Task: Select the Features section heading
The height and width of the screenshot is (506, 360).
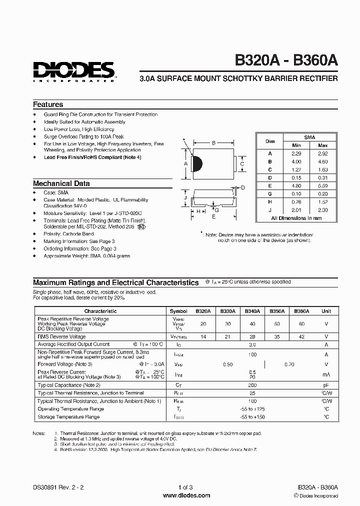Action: coord(48,104)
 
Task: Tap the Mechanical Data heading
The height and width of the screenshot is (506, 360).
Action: coord(61,183)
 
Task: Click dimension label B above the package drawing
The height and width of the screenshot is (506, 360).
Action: coord(213,143)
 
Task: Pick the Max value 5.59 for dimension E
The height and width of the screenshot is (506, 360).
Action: coord(323,186)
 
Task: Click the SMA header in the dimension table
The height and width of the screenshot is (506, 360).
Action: coord(309,137)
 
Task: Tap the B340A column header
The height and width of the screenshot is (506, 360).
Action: coord(252,311)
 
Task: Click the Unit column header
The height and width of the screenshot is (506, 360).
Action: coord(326,311)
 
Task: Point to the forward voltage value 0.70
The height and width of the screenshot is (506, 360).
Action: coord(289,364)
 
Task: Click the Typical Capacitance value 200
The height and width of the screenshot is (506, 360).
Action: coord(252,385)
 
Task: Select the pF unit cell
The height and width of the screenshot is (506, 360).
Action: coord(326,385)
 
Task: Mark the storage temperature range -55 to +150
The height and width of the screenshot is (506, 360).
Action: coord(252,416)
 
